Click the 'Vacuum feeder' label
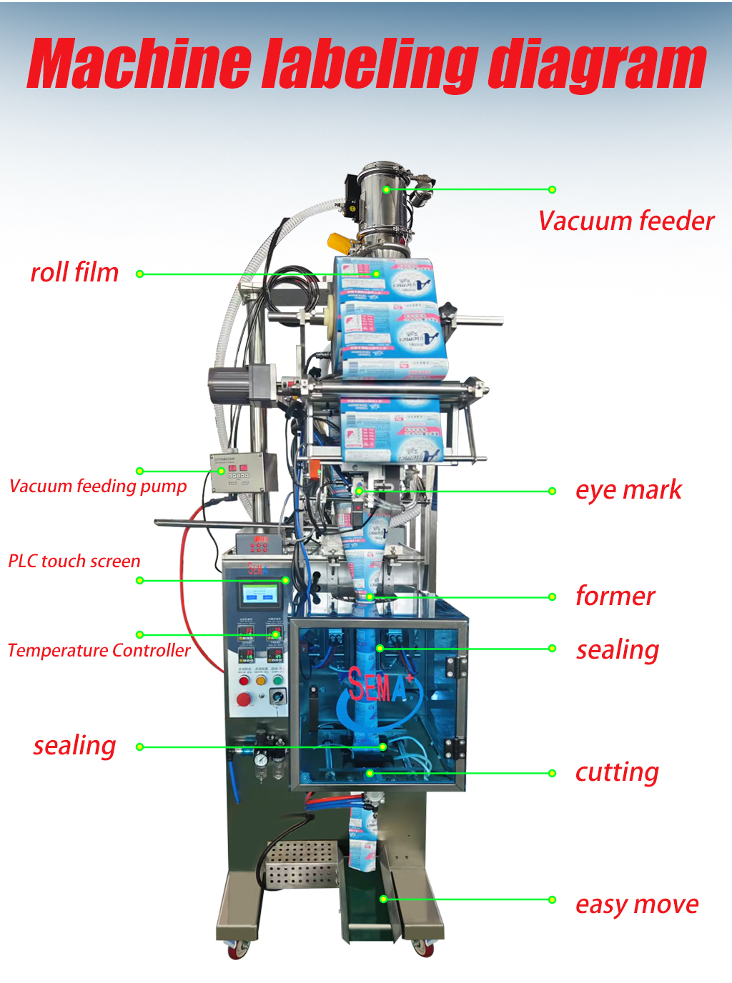[626, 221]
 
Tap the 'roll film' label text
[74, 272]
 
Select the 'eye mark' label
[628, 490]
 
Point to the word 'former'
[615, 596]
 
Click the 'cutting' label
[617, 772]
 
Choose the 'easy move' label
[637, 904]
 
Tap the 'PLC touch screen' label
[74, 561]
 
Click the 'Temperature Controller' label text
[99, 650]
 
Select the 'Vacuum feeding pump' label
[98, 486]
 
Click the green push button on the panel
[277, 680]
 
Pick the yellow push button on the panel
[261, 680]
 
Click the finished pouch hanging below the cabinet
[362, 840]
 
